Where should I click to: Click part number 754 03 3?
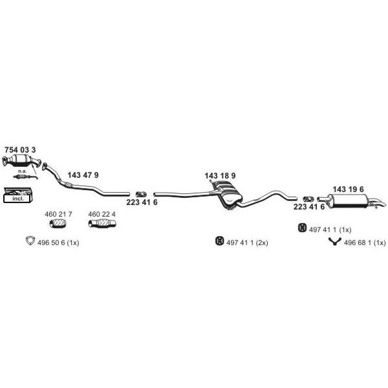pyautogui.click(x=20, y=150)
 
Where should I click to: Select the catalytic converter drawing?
pyautogui.click(x=21, y=161)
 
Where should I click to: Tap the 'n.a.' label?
pyautogui.click(x=22, y=171)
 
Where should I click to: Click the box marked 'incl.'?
pyautogui.click(x=18, y=195)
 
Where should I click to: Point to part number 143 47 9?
pyautogui.click(x=83, y=175)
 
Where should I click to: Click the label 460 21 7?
pyautogui.click(x=58, y=214)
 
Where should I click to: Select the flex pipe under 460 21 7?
pyautogui.click(x=58, y=223)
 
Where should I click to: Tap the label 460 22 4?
pyautogui.click(x=102, y=214)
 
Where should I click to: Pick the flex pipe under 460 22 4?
pyautogui.click(x=102, y=223)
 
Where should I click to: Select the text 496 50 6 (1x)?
pyautogui.click(x=58, y=242)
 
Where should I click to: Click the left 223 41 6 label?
pyautogui.click(x=142, y=202)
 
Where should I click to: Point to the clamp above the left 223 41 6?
pyautogui.click(x=141, y=194)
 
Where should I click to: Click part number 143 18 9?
pyautogui.click(x=220, y=176)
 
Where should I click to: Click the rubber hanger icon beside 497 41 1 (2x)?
pyautogui.click(x=219, y=241)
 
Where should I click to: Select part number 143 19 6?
pyautogui.click(x=348, y=189)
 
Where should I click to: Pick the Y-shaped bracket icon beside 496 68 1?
pyautogui.click(x=335, y=241)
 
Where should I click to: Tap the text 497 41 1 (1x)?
pyautogui.click(x=330, y=230)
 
